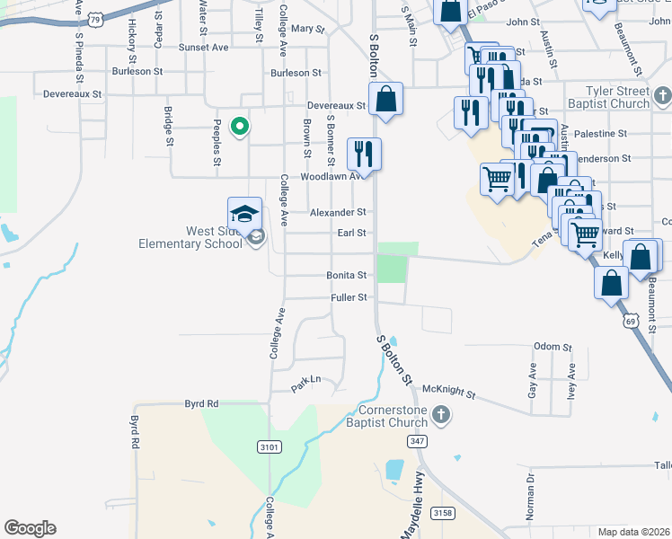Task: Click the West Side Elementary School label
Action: click(189, 237)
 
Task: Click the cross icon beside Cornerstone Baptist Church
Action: click(439, 414)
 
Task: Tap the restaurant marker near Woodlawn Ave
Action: click(364, 155)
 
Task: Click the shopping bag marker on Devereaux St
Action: click(385, 100)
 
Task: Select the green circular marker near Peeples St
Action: click(240, 127)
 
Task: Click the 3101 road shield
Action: click(269, 446)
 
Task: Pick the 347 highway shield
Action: click(416, 441)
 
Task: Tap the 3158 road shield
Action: click(441, 512)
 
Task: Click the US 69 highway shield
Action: click(631, 320)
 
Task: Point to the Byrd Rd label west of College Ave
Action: click(201, 404)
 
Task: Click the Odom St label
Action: click(553, 347)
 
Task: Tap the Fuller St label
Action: click(349, 297)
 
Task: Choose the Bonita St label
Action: click(348, 275)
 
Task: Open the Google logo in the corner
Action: click(30, 528)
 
